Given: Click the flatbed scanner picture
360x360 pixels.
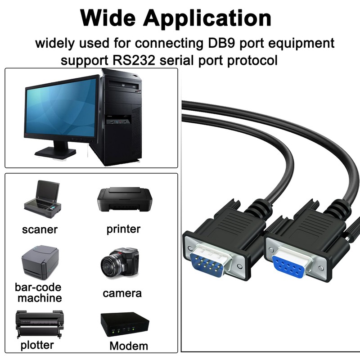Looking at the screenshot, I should pos(41,198).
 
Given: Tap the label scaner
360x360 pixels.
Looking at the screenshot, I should pos(40,229).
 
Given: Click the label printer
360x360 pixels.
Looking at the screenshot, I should pos(123,229).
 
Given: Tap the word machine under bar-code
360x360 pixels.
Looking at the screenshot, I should pos(39,298).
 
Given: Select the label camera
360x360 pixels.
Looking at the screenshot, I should pos(122,293).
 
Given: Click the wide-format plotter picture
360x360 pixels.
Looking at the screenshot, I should pos(39,324).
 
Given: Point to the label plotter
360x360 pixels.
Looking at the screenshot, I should pos(37,345).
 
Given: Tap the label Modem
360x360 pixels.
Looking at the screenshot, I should pos(129,346).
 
